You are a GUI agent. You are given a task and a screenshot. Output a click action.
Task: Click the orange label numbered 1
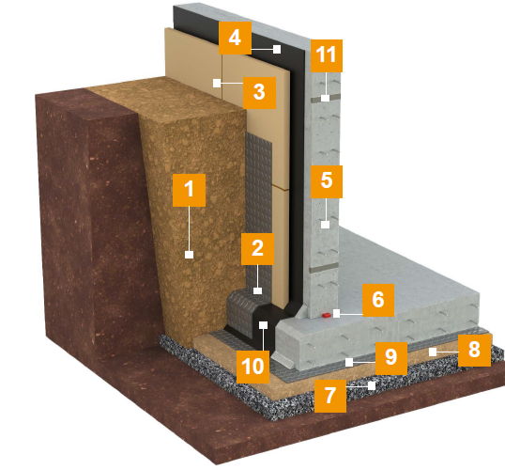click(x=189, y=190)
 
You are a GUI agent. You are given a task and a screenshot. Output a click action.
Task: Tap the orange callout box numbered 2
click(x=257, y=249)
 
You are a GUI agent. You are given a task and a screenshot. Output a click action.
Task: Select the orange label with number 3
click(x=259, y=92)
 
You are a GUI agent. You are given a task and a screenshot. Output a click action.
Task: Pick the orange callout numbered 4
click(x=235, y=38)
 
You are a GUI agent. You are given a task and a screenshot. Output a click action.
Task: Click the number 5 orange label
click(x=327, y=181)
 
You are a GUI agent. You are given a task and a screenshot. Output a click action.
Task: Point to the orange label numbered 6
click(x=378, y=300)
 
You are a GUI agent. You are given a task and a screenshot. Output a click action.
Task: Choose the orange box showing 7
click(x=330, y=396)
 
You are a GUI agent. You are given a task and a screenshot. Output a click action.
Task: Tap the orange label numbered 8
click(x=474, y=351)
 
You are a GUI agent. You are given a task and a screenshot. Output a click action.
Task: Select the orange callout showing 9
click(x=391, y=358)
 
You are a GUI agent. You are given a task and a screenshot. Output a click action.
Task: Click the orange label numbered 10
click(x=252, y=367)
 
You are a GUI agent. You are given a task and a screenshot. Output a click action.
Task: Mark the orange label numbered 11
click(x=327, y=55)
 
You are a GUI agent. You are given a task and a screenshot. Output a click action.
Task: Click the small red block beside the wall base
click(x=327, y=315)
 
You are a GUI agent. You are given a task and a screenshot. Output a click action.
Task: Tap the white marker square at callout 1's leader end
click(x=189, y=255)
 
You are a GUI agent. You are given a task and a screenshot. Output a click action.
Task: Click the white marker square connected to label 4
click(x=277, y=49)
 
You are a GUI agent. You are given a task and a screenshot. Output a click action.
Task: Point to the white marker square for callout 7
click(x=372, y=385)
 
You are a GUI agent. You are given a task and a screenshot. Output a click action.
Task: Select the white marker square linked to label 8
click(x=433, y=352)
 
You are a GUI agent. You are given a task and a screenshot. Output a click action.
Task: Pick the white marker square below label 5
click(x=326, y=225)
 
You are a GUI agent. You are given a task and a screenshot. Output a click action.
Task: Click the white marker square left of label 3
click(x=217, y=83)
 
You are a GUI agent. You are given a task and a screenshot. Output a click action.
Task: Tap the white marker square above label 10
click(x=264, y=325)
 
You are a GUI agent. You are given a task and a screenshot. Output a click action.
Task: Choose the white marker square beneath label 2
click(x=257, y=290)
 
